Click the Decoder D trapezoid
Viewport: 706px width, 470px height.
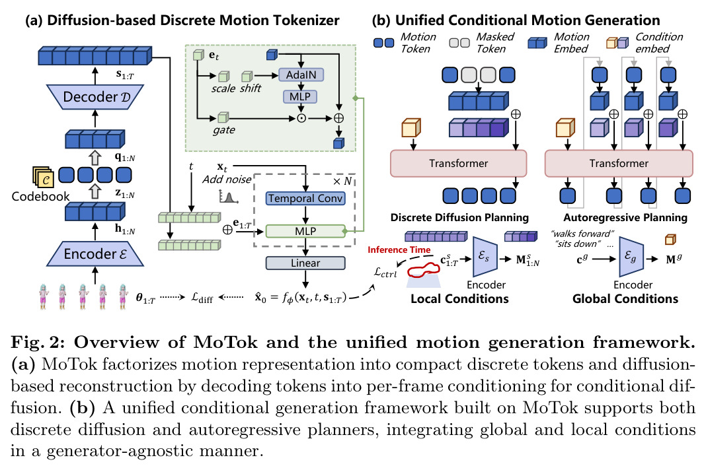pyautogui.click(x=95, y=96)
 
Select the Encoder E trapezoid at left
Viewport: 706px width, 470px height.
pyautogui.click(x=95, y=253)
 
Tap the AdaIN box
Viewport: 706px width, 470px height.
pyautogui.click(x=301, y=75)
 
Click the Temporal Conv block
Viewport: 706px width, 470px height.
pyautogui.click(x=305, y=198)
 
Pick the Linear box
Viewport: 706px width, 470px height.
pyautogui.click(x=305, y=263)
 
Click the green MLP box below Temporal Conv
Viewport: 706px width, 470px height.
pyautogui.click(x=305, y=231)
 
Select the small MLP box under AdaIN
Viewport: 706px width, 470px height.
pyautogui.click(x=300, y=96)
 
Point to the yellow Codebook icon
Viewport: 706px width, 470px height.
pyautogui.click(x=43, y=177)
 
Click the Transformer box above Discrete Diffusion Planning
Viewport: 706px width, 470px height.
pyautogui.click(x=458, y=163)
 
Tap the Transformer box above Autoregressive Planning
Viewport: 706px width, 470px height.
pyautogui.click(x=619, y=163)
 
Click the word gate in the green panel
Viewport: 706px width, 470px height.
pyautogui.click(x=224, y=131)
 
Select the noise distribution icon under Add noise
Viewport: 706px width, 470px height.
pyautogui.click(x=228, y=197)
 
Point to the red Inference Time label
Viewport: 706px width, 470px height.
pyautogui.click(x=399, y=250)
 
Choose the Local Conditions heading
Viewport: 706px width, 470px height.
pyautogui.click(x=459, y=298)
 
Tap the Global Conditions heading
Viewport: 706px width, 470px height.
pyautogui.click(x=625, y=298)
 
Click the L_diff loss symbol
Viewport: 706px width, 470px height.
pyautogui.click(x=202, y=297)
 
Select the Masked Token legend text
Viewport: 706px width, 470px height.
pyautogui.click(x=495, y=43)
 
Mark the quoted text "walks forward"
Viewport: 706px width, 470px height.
pyautogui.click(x=582, y=234)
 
